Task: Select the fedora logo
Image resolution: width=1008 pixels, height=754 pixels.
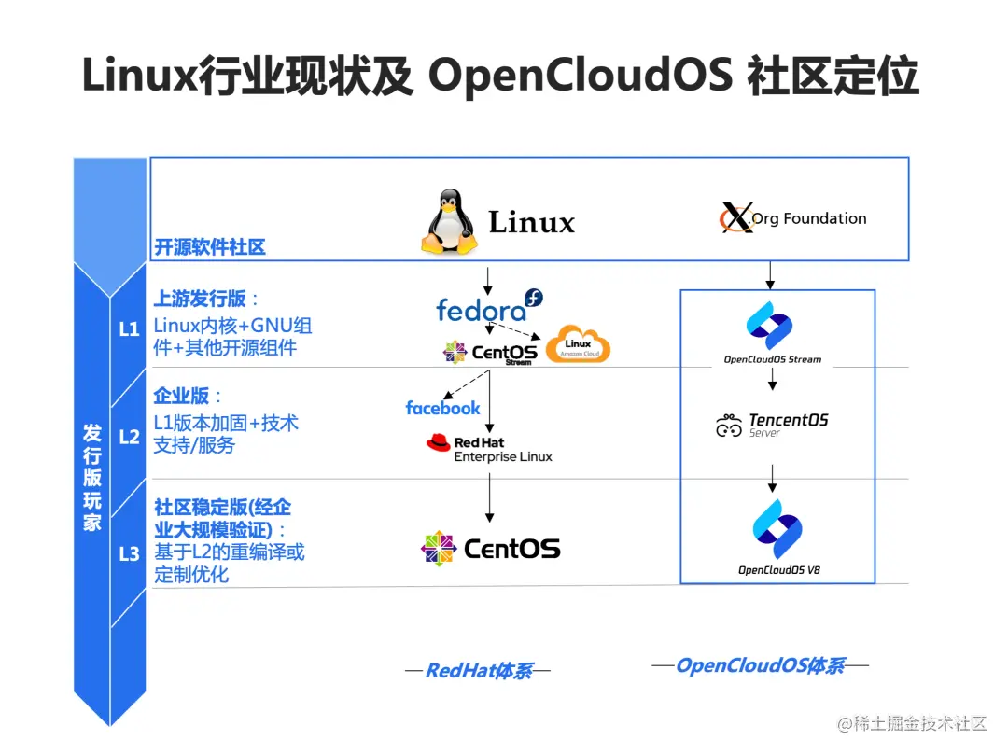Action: point(488,307)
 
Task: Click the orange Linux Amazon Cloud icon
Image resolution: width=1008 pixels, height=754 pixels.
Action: point(578,345)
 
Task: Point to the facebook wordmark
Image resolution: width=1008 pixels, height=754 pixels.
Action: point(442,408)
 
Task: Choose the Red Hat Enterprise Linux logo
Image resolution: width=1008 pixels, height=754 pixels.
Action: point(488,448)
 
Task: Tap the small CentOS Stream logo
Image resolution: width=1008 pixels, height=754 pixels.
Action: point(490,353)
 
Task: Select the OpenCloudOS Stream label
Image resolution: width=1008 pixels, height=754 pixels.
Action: point(773,359)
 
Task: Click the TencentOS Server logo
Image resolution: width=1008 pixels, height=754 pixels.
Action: point(772,426)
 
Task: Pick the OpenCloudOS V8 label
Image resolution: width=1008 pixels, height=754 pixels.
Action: point(773,570)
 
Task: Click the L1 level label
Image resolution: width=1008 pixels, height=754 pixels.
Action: point(129,328)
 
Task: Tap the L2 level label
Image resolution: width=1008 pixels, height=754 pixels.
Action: point(129,435)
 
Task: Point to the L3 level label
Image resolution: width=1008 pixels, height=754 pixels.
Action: point(129,553)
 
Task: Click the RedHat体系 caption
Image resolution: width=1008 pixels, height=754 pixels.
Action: point(478,671)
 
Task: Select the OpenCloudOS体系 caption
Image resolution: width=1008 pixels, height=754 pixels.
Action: point(760,665)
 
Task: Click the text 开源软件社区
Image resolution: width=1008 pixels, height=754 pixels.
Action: point(210,247)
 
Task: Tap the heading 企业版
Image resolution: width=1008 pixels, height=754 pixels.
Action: point(181,396)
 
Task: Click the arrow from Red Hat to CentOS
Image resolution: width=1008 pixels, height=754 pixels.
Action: point(489,496)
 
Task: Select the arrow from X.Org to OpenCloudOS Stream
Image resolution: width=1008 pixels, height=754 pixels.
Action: point(770,274)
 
